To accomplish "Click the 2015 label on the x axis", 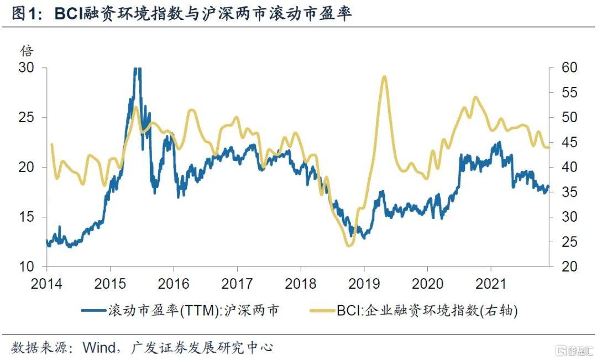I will tap(109, 284).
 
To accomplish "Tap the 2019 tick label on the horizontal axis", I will tap(364, 284).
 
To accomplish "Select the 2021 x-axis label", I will tap(491, 284).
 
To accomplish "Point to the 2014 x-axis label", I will tap(46, 284).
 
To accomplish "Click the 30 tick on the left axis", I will tap(26, 67).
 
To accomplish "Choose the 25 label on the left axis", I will tap(26, 117).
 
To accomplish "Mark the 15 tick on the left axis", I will tap(26, 217).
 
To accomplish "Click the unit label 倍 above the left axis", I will tap(27, 51).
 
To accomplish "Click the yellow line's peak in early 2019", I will tap(384, 77).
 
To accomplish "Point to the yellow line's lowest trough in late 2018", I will tap(348, 246).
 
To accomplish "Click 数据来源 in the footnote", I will tap(39, 348).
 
